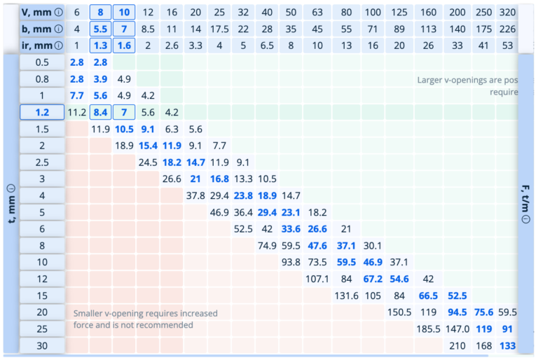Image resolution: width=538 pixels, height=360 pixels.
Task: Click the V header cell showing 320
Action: [506, 13]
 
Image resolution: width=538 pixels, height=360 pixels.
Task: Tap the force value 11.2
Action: [77, 111]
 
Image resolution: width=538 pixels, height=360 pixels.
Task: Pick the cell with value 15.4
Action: [148, 145]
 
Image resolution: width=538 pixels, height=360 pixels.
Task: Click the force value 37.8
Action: [195, 195]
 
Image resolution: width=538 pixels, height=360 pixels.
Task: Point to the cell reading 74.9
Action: [267, 245]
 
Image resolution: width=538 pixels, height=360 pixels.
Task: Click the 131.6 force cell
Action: [345, 296]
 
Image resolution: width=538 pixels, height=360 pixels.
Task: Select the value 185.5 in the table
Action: [427, 328]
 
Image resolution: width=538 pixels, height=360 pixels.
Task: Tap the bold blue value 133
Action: [508, 345]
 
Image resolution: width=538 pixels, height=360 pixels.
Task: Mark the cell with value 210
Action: [457, 345]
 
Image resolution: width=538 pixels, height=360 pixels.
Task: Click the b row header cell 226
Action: [506, 29]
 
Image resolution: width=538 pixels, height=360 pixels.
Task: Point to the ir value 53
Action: [506, 46]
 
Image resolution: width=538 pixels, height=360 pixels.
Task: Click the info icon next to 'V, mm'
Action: [59, 13]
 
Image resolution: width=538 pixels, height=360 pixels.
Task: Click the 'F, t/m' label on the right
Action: [525, 203]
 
